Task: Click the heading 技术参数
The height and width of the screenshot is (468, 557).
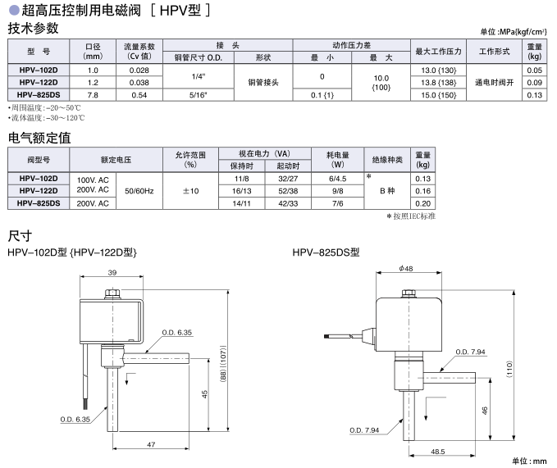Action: (x=33, y=29)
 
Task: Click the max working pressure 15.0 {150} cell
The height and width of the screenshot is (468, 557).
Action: (x=438, y=95)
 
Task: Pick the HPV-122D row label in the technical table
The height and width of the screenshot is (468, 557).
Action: (x=39, y=83)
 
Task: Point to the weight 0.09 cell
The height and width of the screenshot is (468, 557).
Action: (x=534, y=83)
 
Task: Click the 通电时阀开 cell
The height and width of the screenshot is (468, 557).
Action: (x=494, y=83)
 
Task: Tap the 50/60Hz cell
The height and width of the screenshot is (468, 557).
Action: (x=139, y=190)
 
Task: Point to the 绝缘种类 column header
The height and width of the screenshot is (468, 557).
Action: (x=387, y=159)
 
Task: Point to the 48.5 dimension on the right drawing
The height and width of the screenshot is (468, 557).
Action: (x=436, y=451)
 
